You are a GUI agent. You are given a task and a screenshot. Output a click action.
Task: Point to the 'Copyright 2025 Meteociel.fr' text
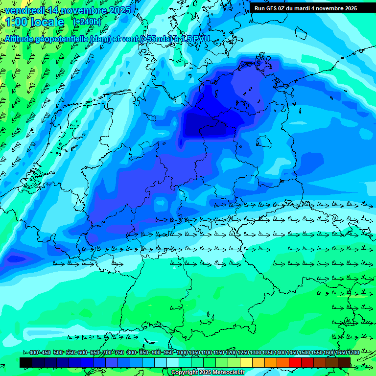(208, 372)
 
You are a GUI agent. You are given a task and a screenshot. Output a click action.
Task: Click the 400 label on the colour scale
(34, 353)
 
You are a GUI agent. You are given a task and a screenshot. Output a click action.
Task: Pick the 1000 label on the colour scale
(182, 353)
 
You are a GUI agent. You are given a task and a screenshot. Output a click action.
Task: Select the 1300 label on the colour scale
(256, 353)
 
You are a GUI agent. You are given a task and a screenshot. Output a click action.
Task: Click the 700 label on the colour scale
(107, 353)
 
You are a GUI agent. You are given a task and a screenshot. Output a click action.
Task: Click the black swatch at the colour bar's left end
(26, 362)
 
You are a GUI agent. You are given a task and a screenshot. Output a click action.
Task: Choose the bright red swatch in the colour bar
(295, 362)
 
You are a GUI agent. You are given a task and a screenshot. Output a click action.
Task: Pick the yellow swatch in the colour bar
(246, 362)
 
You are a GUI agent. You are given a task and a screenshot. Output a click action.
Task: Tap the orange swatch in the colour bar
(271, 362)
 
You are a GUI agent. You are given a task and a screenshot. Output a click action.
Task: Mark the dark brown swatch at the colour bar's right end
(344, 362)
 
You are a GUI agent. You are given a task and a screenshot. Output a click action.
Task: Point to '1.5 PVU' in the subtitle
(195, 39)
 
